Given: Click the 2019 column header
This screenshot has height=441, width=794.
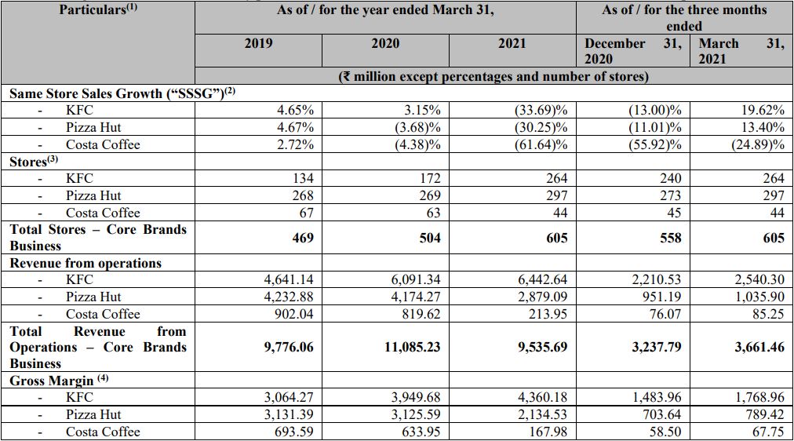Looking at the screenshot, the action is point(258,43).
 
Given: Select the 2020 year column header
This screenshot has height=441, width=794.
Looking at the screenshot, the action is point(385,43).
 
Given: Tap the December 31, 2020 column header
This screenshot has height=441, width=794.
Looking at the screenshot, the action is point(633,51).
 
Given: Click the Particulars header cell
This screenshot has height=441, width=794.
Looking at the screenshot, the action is point(98,10).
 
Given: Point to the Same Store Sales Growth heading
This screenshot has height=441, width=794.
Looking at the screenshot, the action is point(122,93).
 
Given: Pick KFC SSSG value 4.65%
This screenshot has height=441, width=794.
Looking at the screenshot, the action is point(295,110).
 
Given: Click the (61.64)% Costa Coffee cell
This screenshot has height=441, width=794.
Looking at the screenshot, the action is point(541,144).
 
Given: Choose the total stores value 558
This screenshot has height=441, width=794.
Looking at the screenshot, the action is point(671,238).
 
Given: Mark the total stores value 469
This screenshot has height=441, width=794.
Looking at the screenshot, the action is point(303,238).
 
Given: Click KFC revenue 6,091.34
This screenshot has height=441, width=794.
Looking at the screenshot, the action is point(416,279).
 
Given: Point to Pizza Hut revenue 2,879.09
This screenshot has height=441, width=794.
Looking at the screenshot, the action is point(543,297).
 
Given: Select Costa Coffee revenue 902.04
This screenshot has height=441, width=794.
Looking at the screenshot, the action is point(293,314).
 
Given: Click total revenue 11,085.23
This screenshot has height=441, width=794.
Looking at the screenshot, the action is point(412,348).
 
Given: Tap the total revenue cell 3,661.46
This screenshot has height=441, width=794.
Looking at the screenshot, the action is point(759,348).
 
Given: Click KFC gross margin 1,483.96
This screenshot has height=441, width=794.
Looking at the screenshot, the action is point(657,398).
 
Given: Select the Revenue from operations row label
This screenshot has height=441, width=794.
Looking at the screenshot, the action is point(86,264).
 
